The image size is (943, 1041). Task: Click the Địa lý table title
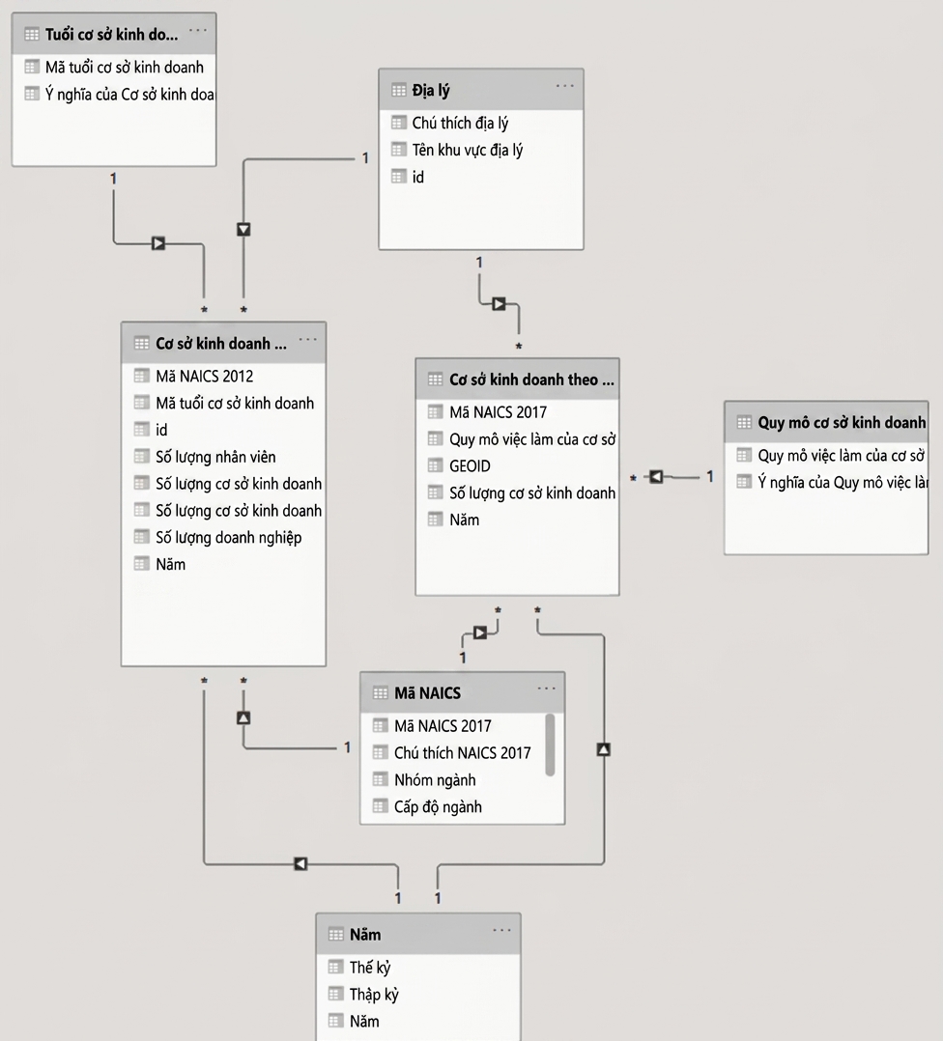[430, 91]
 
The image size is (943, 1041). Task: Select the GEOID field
[470, 466]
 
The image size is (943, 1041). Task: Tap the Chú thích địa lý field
[460, 123]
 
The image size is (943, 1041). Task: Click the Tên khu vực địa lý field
[467, 150]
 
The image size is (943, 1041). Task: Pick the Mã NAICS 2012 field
[204, 377]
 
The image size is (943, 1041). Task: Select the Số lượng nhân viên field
[215, 457]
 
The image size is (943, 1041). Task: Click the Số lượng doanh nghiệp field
[228, 537]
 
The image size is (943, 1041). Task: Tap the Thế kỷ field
[370, 968]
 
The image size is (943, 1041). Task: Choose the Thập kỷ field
[374, 995]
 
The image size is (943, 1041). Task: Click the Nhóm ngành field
[435, 780]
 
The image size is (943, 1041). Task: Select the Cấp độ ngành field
[438, 807]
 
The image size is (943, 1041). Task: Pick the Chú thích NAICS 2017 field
[462, 753]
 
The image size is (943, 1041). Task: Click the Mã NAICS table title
[427, 693]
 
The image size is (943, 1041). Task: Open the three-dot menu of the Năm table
[502, 930]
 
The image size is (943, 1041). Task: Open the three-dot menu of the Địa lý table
[565, 86]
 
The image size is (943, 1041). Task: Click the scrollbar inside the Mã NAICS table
[550, 745]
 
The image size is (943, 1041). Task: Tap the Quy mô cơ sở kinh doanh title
[842, 422]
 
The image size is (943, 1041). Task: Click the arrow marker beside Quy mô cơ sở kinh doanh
[656, 477]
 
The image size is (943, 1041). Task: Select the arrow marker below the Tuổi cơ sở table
[158, 243]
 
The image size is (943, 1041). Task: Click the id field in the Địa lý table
[417, 178]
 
